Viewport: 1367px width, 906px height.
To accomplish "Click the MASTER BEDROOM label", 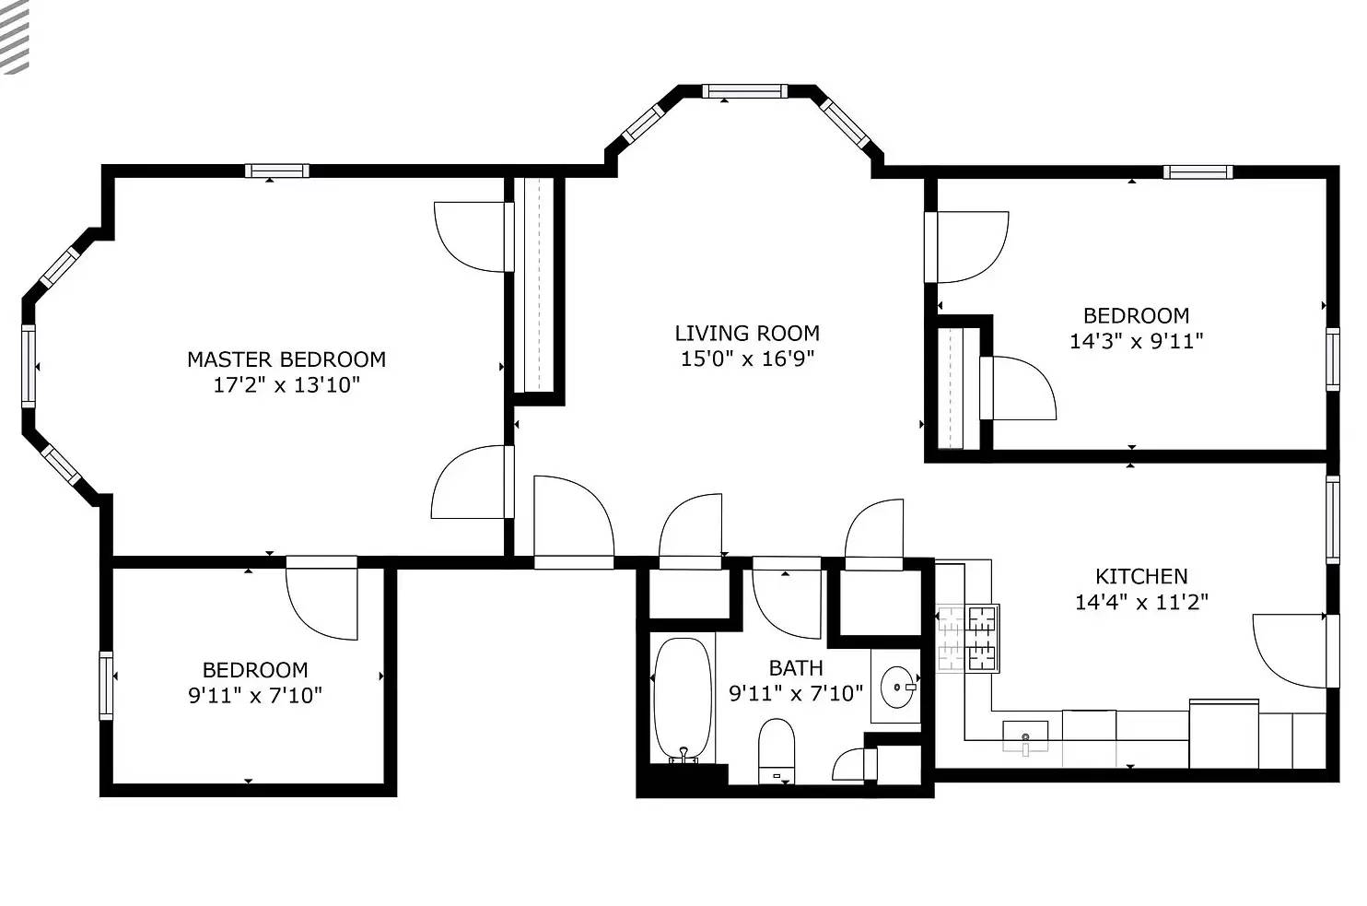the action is click(286, 359).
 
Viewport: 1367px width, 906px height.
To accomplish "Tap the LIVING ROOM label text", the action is click(747, 334).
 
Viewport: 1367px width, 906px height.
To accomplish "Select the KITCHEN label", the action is click(1141, 576).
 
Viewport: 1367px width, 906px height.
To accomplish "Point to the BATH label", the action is click(796, 668).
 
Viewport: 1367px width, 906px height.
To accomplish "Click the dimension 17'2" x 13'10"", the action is click(286, 385).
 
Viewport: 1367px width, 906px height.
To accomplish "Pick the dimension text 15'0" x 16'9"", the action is click(747, 359).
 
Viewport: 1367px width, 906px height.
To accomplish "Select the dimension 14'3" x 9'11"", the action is click(1137, 341).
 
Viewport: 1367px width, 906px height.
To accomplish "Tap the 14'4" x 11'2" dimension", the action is click(1141, 603).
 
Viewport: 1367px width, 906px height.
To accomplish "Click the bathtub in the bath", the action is click(683, 699).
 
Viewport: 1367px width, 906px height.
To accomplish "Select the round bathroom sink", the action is click(898, 688).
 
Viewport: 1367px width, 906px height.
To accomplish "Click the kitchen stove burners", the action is click(968, 639).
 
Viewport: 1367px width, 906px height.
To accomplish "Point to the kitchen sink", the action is click(1025, 736).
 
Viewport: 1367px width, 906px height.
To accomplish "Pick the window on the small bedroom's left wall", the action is click(106, 686).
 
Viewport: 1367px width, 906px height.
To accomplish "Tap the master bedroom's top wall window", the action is click(277, 171).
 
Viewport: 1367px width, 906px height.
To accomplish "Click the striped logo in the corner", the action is click(15, 37).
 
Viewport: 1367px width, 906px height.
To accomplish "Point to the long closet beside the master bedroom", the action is click(534, 285).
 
